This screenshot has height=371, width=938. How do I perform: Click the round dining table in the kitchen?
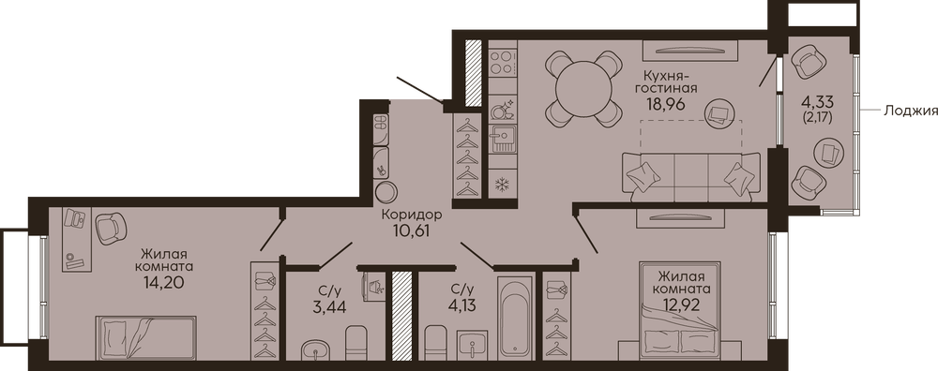583,89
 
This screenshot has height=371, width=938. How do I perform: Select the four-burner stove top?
503,62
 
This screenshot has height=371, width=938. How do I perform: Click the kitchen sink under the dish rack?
501,139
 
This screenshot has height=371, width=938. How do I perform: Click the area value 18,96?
665,102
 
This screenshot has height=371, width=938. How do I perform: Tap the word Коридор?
412,214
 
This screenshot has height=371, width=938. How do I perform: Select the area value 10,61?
412,229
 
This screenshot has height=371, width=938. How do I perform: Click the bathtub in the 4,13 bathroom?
516,318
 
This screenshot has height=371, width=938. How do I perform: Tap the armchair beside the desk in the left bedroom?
112,228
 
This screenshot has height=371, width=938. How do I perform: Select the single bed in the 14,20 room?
145,338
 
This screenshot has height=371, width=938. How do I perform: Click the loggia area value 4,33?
818,99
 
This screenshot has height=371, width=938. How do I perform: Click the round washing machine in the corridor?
386,192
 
